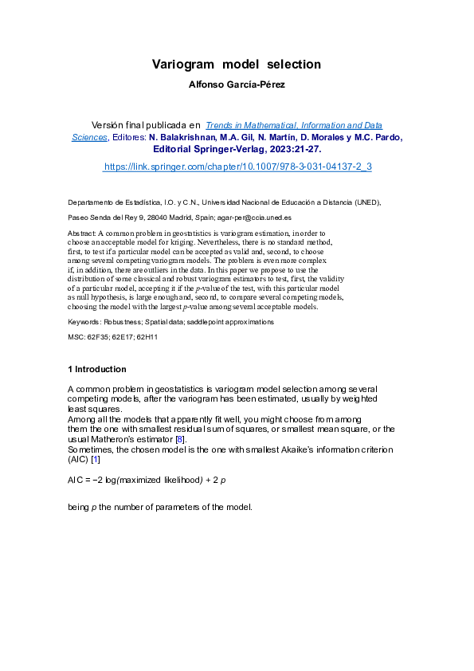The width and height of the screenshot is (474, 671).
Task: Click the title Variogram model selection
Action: coord(237,64)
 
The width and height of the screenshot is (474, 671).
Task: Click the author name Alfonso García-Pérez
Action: coord(237,83)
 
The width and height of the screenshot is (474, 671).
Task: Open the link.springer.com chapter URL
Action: coord(237,167)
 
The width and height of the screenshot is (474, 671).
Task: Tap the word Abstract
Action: coord(81,232)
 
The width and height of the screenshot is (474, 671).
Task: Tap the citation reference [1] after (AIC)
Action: coord(96,460)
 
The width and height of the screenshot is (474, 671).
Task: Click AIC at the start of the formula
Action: coord(76,481)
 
